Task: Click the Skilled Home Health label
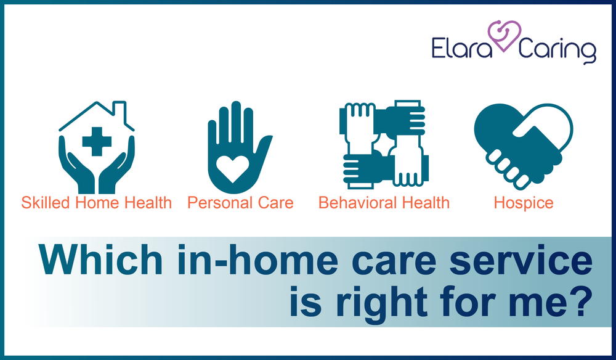[x=97, y=203]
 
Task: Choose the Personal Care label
[x=240, y=203]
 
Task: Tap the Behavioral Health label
[x=384, y=203]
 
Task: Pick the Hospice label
[x=524, y=203]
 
